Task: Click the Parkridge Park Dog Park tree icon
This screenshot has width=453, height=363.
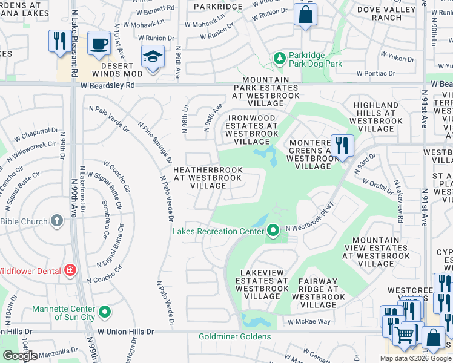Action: click(279, 58)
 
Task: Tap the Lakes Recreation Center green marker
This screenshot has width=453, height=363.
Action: click(273, 231)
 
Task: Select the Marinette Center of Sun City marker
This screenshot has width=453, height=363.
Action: click(105, 312)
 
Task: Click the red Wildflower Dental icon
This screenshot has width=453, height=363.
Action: click(71, 270)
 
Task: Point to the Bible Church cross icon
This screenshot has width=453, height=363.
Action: click(56, 221)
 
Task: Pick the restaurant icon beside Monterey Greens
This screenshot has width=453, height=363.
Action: click(342, 145)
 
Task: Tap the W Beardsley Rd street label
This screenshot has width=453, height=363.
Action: click(107, 85)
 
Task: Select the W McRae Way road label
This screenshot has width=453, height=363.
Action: click(309, 322)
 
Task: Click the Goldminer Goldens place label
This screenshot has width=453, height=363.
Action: click(234, 336)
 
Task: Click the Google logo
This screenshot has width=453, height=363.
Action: click(20, 356)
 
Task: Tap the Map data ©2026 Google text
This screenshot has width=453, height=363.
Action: click(415, 358)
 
